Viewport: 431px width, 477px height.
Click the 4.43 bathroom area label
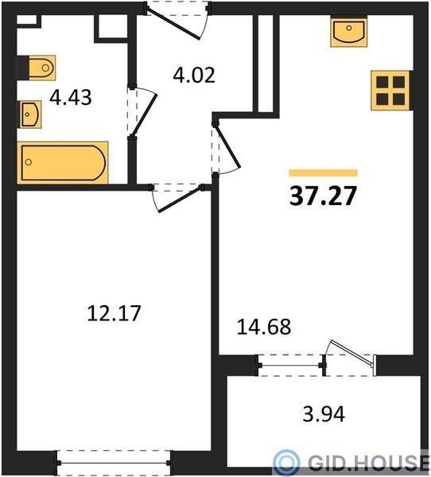click(x=70, y=98)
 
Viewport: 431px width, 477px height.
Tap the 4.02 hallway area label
click(x=194, y=76)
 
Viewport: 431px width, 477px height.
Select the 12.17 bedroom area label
click(x=115, y=313)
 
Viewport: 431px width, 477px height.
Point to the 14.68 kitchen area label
click(x=264, y=327)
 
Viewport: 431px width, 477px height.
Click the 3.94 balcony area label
click(x=324, y=413)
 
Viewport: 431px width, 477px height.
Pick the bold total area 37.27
click(x=323, y=196)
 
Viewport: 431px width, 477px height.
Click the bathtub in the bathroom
click(x=63, y=163)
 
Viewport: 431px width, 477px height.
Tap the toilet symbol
click(x=42, y=68)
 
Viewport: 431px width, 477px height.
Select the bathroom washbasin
click(x=30, y=114)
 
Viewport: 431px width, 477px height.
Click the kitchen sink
click(x=349, y=31)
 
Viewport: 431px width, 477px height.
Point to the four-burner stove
click(x=390, y=91)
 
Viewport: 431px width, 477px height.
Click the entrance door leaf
click(x=173, y=25)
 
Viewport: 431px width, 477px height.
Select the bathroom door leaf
click(x=145, y=115)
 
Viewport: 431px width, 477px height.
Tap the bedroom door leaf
click(x=181, y=200)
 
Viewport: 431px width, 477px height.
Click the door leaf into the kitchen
click(x=228, y=146)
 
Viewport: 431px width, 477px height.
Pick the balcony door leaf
click(x=353, y=352)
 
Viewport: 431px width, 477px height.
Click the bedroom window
click(x=114, y=463)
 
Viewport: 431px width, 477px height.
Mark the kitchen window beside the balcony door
click(x=291, y=365)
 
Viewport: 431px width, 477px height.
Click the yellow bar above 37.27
click(x=323, y=173)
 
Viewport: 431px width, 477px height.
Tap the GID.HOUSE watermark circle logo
click(x=286, y=462)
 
